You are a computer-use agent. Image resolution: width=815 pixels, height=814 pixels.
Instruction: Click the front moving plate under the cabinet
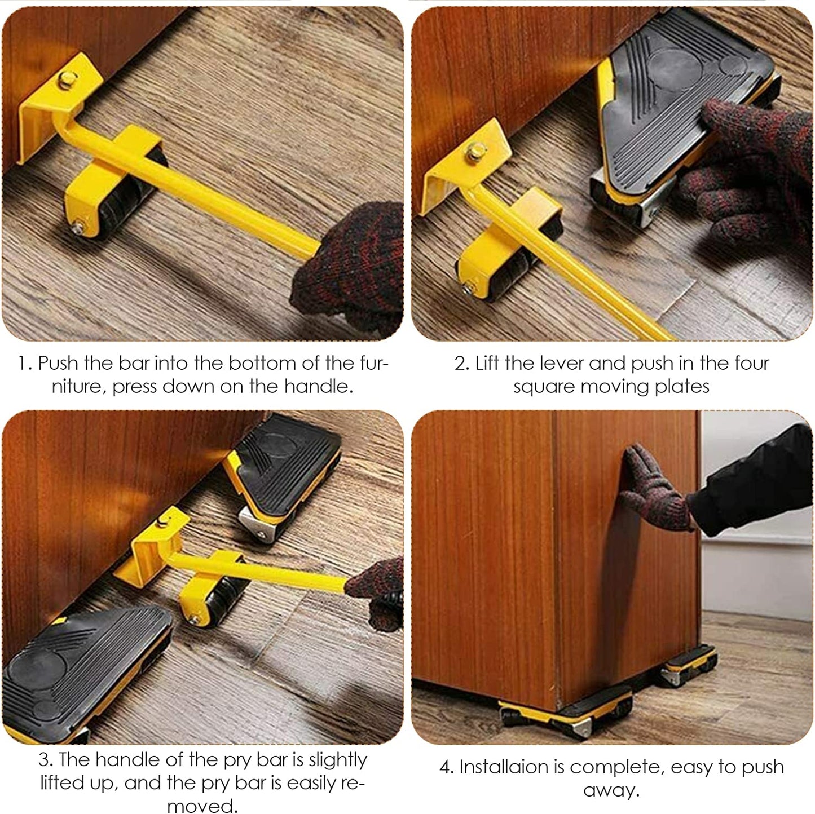(x=564, y=710)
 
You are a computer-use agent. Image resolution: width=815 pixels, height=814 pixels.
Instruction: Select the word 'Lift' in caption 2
(x=487, y=363)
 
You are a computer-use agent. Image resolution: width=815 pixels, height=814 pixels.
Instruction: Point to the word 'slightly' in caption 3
(x=337, y=760)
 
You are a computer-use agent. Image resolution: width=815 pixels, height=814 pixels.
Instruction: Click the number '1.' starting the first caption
(x=25, y=363)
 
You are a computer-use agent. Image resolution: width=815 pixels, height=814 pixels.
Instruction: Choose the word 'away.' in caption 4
(x=611, y=790)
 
